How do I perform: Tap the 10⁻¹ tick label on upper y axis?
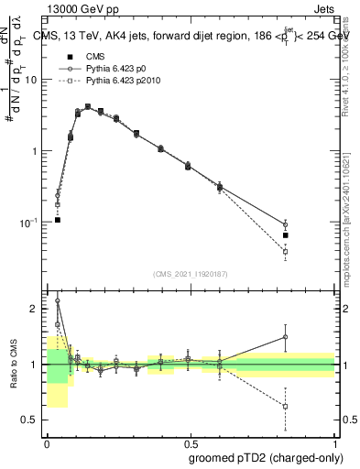pyautogui.click(x=30, y=223)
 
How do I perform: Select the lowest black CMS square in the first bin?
pyautogui.click(x=58, y=220)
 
